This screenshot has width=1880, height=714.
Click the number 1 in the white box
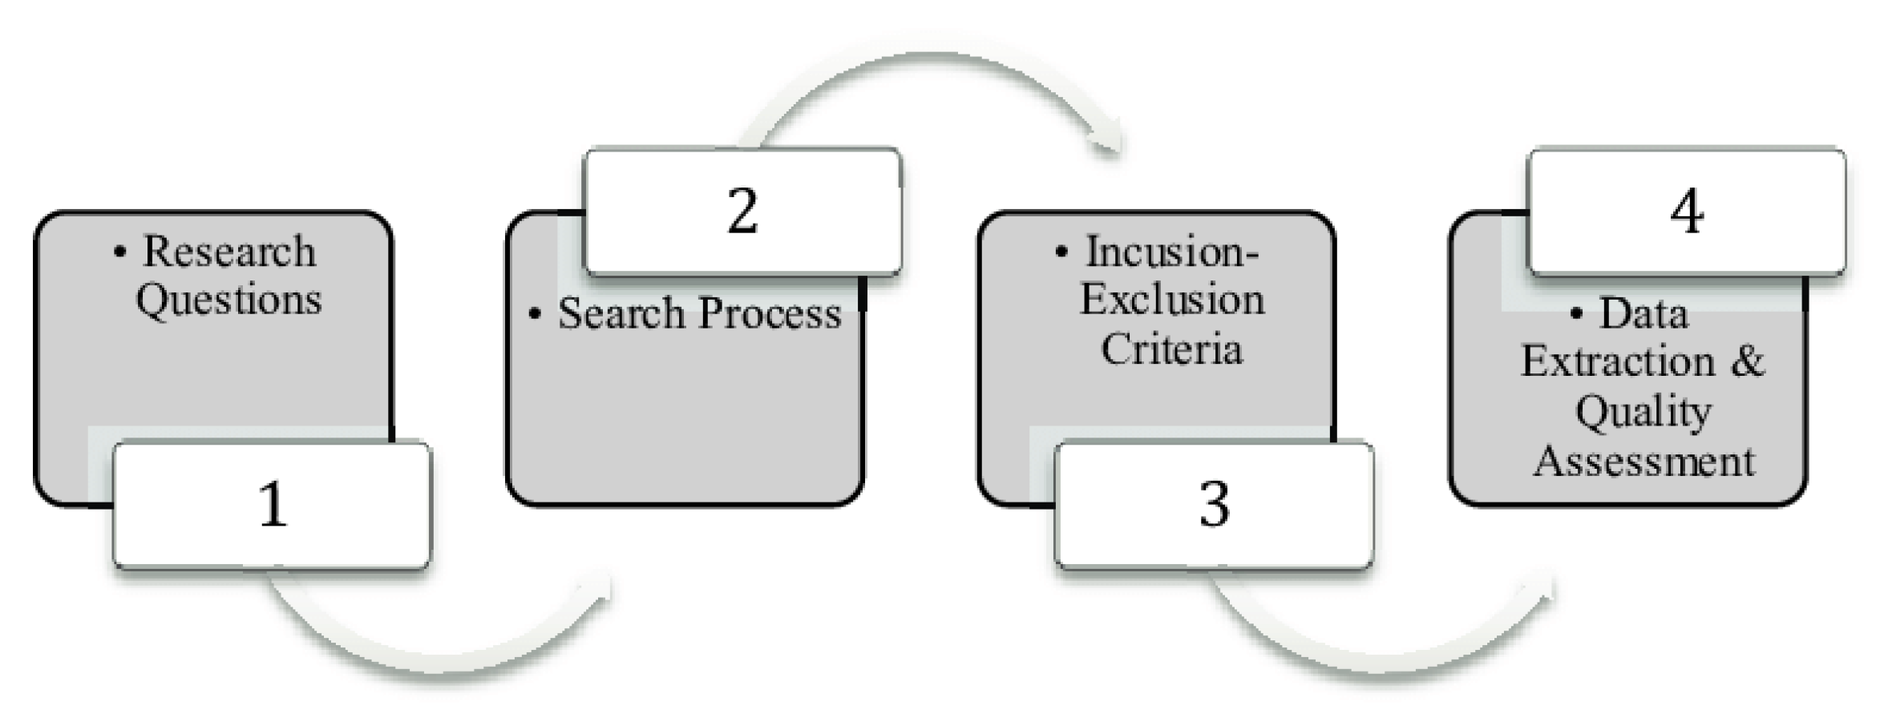tap(273, 505)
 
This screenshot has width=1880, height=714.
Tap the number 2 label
tap(742, 212)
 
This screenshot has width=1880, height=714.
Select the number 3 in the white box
tap(1214, 505)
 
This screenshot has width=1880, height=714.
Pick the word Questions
tap(228, 300)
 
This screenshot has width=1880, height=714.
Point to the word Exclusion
tap(1172, 300)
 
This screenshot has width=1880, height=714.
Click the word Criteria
tap(1172, 349)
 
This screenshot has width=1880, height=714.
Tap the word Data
tap(1643, 313)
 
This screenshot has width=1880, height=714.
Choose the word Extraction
tap(1618, 361)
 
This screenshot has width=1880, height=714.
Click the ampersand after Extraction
tap(1748, 361)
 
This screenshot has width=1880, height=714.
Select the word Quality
tap(1643, 413)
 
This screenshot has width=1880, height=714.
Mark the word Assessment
tap(1643, 462)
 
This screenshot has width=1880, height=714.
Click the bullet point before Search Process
tap(535, 313)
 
